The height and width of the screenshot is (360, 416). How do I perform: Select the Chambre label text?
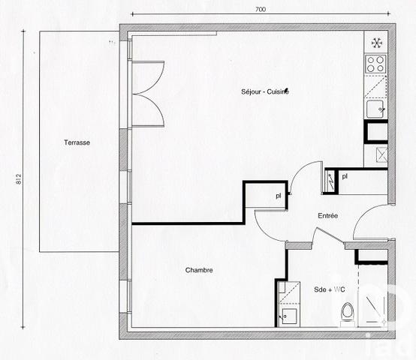pos(199,270)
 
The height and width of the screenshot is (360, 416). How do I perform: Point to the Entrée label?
pos(327,216)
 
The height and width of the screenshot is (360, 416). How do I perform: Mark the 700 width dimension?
pos(260,10)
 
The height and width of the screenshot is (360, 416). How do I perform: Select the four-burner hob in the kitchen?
pos(375,61)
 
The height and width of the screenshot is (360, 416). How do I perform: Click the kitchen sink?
pos(376,110)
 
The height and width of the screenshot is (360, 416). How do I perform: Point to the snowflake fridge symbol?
pos(376,42)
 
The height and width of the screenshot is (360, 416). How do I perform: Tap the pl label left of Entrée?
pos(278,196)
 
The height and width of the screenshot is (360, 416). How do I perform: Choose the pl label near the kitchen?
pos(345,177)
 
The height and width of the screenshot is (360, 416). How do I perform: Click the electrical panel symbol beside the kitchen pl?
pos(330,180)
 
